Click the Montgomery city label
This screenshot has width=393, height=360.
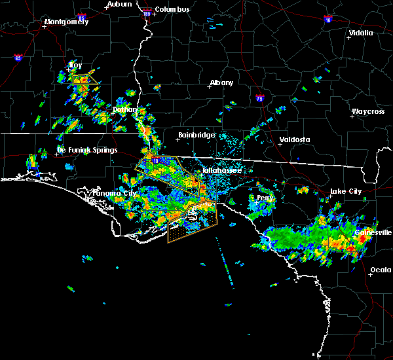(65, 22)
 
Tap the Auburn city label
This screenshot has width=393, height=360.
(119, 4)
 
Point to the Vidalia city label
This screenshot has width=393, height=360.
(360, 33)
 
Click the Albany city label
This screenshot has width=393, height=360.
(221, 83)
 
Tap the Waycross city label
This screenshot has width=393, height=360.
(367, 111)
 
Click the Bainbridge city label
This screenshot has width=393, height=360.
(196, 135)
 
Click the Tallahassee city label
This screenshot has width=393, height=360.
(221, 170)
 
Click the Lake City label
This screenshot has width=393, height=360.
(345, 191)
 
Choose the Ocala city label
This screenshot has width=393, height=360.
(381, 270)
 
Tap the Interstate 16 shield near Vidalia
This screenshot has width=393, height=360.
(326, 20)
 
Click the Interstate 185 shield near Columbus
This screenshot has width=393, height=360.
(147, 13)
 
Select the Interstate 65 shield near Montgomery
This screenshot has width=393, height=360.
(18, 58)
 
